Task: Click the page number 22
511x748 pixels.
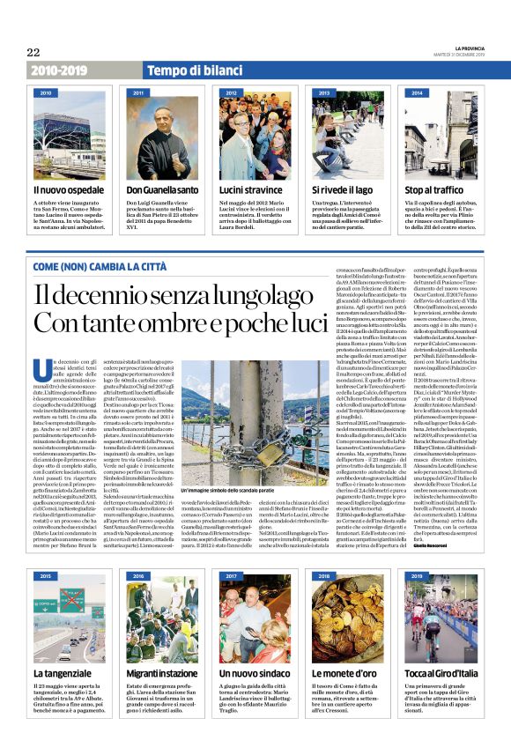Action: [x=33, y=52]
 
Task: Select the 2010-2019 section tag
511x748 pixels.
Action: [x=59, y=70]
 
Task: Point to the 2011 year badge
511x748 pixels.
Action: [x=139, y=92]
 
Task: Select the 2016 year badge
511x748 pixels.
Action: [x=139, y=576]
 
